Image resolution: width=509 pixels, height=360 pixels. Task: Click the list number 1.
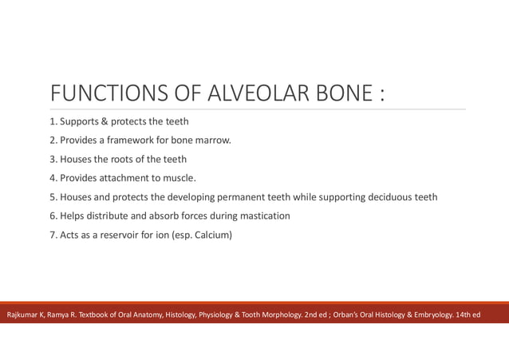point(53,122)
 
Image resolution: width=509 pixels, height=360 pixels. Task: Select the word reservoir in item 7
point(118,235)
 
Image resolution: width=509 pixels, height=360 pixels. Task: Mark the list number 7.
point(53,235)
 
